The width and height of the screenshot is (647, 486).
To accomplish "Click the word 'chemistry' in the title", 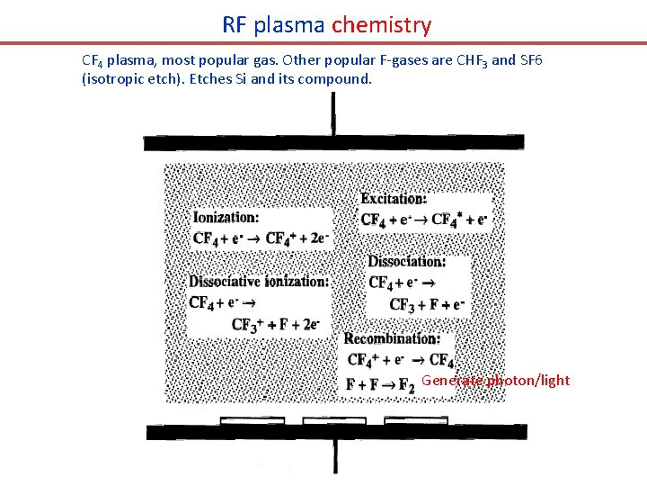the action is [381, 25].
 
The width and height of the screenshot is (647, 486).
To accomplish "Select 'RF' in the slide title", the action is [235, 25].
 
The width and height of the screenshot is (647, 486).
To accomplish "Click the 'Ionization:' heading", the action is [226, 217].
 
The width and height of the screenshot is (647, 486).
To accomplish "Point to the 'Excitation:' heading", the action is [394, 199].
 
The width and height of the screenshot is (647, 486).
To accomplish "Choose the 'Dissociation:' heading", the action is [405, 262].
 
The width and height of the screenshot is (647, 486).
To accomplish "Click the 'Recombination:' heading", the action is [392, 339].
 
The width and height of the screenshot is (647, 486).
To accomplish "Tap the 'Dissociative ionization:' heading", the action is [258, 281].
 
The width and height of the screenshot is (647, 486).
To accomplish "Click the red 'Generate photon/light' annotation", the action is [495, 381].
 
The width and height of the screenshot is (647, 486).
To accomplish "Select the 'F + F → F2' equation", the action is [380, 385].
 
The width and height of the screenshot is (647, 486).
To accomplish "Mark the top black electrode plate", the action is [333, 143].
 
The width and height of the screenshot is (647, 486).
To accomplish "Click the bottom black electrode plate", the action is [336, 433].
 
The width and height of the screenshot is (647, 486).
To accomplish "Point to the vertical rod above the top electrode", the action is [333, 113].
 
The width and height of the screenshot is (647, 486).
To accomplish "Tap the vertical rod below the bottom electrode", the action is [335, 457].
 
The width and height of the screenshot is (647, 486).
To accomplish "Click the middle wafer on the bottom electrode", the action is [328, 420].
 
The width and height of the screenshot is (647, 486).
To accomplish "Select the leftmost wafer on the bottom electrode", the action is [253, 420].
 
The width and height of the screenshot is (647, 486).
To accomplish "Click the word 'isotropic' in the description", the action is [116, 79].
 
